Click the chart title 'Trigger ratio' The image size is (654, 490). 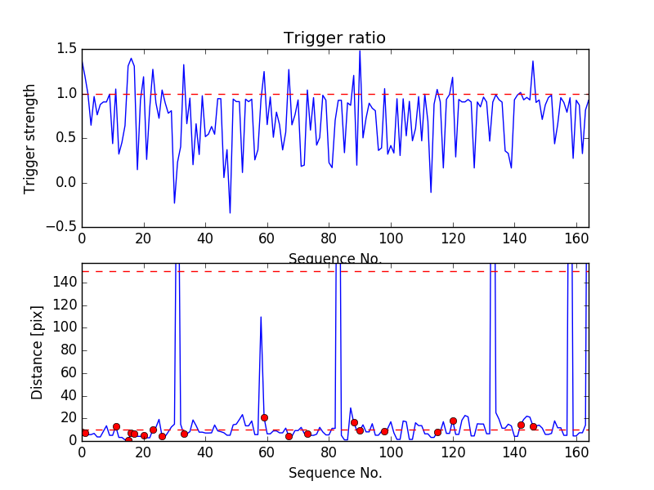(x=334, y=38)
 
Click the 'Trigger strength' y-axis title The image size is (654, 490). (x=30, y=138)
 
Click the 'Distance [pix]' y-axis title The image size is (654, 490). (x=37, y=352)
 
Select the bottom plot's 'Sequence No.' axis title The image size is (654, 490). (x=334, y=473)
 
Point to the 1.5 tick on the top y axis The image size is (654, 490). (x=65, y=49)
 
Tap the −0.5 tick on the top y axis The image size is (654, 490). (x=60, y=227)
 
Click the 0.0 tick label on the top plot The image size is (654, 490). (x=65, y=183)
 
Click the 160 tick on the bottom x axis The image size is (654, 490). (x=576, y=452)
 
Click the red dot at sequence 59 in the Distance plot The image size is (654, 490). (x=264, y=417)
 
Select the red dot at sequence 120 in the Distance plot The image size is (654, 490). (x=453, y=421)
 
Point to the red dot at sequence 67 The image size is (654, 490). (x=289, y=436)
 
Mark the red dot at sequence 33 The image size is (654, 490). (x=184, y=434)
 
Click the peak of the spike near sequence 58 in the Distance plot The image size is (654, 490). (x=261, y=317)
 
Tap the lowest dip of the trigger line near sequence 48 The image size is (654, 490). (x=230, y=213)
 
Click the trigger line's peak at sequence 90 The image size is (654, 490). (x=360, y=51)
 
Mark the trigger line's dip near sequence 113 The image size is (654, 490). (x=431, y=193)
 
